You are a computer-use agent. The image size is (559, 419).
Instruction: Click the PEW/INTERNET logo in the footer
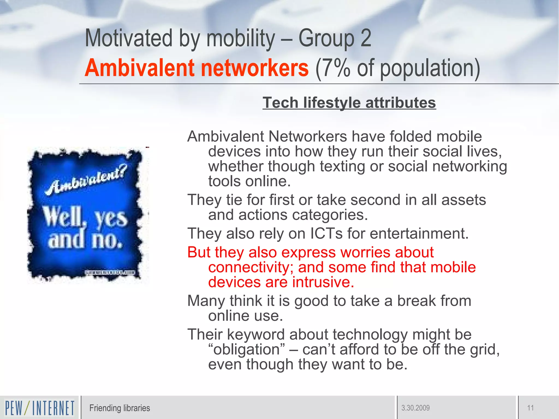tap(40, 408)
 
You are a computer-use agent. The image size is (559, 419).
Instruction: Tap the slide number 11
tap(530, 408)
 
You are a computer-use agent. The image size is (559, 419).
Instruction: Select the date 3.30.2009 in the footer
tap(415, 408)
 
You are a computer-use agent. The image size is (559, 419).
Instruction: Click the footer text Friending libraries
tap(120, 408)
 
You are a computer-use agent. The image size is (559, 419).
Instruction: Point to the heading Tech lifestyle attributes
tap(349, 103)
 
